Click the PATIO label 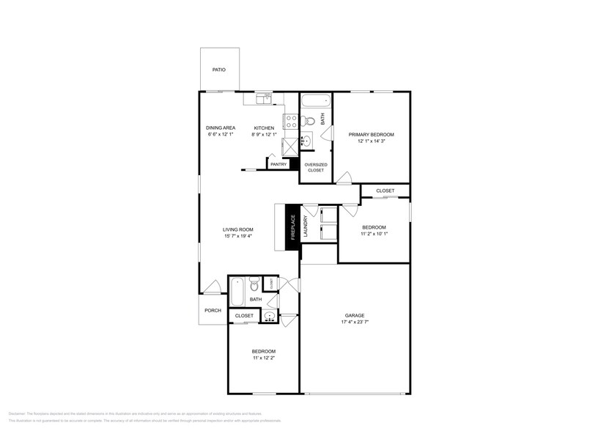[x=218, y=70]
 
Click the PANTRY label [x=278, y=164]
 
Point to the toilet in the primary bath [x=310, y=119]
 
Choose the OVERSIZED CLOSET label [x=315, y=167]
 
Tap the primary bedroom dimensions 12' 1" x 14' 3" [x=372, y=141]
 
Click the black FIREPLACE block [x=292, y=227]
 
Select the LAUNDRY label [x=306, y=227]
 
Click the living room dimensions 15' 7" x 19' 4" [x=237, y=237]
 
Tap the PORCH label [x=213, y=310]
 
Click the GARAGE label [x=354, y=315]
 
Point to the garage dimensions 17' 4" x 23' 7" [x=354, y=323]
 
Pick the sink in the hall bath [x=270, y=316]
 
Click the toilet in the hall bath [x=253, y=283]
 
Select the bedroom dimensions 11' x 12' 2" [x=264, y=358]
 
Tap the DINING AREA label [x=220, y=128]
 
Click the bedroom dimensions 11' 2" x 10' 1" [x=374, y=234]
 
